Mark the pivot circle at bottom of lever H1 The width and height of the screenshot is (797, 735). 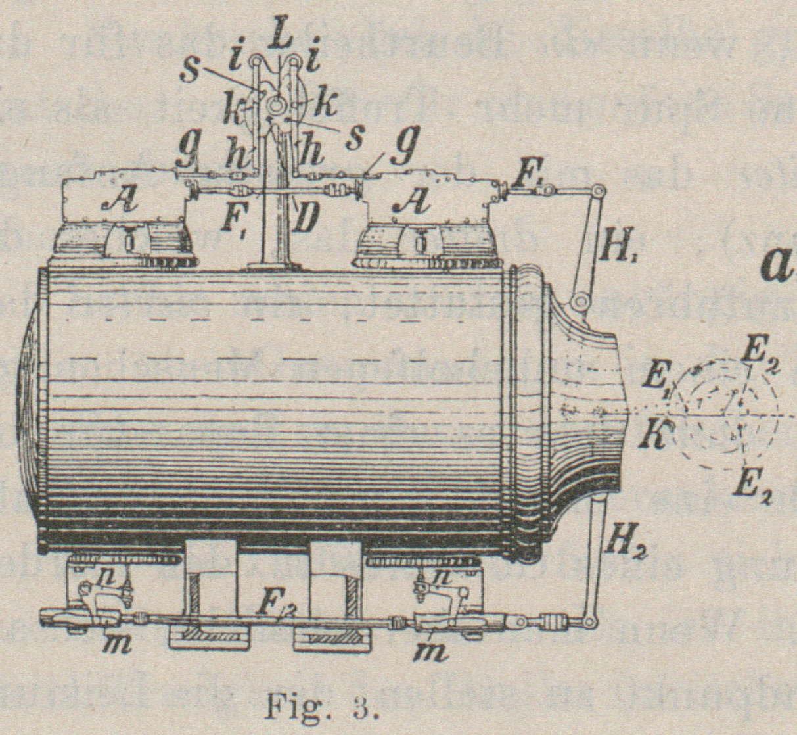579,301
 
